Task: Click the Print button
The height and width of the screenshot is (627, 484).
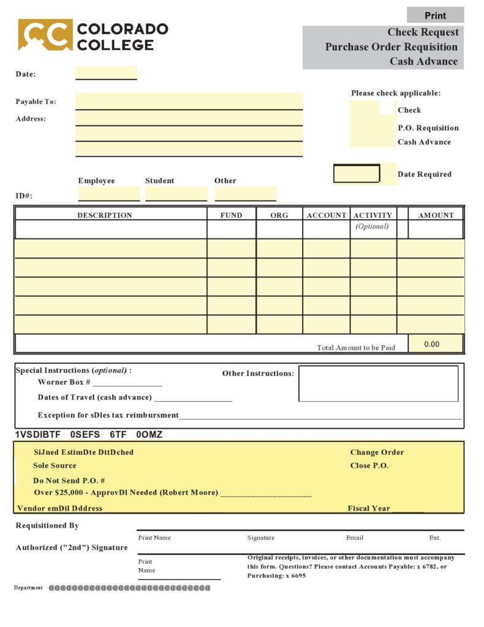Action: [x=435, y=15]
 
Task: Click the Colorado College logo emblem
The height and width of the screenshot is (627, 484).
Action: [x=45, y=34]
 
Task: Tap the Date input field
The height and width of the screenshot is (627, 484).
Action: [x=106, y=73]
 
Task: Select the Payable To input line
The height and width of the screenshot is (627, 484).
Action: [x=189, y=102]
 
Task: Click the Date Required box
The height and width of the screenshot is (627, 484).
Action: [x=357, y=174]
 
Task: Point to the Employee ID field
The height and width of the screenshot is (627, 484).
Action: [x=109, y=194]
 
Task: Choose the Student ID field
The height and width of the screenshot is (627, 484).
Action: [x=176, y=194]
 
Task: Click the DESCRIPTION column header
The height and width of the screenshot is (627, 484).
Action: [x=104, y=215]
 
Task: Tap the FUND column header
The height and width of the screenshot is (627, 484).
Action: [x=232, y=215]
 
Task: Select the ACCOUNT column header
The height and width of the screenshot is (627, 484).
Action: [x=327, y=215]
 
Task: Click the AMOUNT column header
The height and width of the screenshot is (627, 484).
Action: [x=436, y=215]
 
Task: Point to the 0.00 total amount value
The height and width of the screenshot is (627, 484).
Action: [x=432, y=344]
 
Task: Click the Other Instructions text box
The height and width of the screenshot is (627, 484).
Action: [x=378, y=383]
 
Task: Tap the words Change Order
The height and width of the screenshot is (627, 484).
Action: [x=377, y=452]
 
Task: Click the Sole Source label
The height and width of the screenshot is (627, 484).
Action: [x=55, y=465]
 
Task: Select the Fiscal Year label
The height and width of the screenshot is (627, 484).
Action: [x=369, y=508]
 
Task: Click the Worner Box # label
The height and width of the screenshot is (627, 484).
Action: [x=64, y=382]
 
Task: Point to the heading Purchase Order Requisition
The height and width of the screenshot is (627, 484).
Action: [x=391, y=47]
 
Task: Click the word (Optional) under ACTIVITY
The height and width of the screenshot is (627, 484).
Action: [x=372, y=226]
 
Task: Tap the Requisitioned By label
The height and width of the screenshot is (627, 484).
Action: [x=47, y=525]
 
